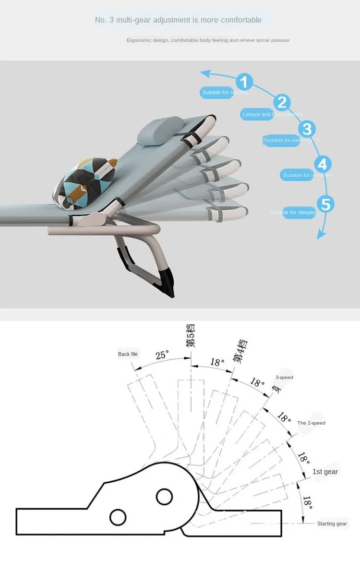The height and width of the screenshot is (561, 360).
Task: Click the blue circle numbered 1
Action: coord(244,82)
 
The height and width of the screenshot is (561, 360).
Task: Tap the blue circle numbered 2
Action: coord(282,102)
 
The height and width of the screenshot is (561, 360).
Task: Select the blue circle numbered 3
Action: coord(307,129)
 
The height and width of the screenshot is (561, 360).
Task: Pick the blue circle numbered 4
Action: coord(323,165)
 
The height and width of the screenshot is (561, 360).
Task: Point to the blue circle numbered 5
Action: coord(325,204)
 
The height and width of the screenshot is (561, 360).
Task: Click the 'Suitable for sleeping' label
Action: coord(294,212)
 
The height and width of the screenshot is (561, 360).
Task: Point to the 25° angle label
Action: coord(162,355)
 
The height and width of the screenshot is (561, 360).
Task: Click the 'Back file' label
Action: coord(128,354)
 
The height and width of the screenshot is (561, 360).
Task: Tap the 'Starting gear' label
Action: coord(332,524)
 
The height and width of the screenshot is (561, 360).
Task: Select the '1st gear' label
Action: coord(325,472)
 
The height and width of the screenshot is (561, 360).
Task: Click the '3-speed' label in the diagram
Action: coord(284,378)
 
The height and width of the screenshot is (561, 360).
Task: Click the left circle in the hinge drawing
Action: coord(118,517)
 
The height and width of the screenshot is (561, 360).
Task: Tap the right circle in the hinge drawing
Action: coord(165,496)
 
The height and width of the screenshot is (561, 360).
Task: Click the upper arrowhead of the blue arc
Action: coord(205,73)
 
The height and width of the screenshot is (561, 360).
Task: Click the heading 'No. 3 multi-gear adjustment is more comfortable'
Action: coord(178,20)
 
